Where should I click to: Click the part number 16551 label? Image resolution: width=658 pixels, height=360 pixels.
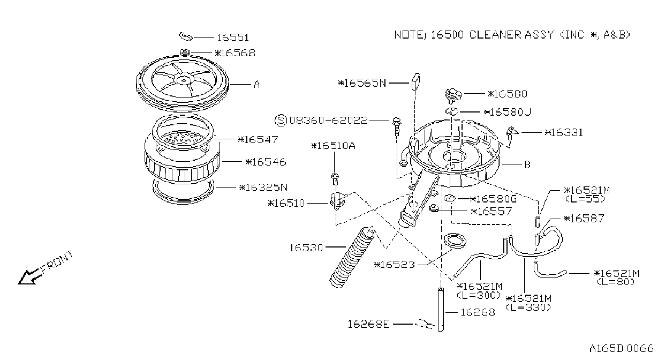coord(233,37)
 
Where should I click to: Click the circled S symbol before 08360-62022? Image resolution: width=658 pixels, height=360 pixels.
coord(281,120)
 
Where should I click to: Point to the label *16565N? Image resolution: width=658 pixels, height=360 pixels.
coord(362,83)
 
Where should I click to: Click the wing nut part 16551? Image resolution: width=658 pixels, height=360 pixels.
coord(185,36)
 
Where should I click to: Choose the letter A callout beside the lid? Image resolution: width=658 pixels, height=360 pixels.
coord(256,85)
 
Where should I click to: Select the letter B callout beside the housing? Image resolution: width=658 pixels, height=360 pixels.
coord(527,164)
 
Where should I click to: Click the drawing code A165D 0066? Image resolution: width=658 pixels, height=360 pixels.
coord(621,349)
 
